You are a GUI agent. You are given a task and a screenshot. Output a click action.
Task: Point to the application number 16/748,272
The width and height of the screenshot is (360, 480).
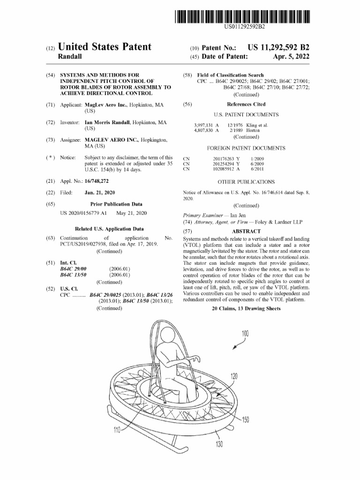97,180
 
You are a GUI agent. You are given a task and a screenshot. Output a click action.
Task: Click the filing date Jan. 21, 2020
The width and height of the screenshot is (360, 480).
99,193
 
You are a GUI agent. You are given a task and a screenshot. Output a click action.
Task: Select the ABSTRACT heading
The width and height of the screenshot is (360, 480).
246,231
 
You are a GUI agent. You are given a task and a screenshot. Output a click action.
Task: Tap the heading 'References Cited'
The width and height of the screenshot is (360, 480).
246,104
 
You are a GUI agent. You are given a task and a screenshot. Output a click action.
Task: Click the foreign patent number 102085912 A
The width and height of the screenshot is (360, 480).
226,170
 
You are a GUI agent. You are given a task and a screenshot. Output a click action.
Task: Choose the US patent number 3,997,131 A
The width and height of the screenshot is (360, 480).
207,125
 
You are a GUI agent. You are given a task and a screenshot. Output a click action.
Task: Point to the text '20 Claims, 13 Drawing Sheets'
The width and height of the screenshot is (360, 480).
246,308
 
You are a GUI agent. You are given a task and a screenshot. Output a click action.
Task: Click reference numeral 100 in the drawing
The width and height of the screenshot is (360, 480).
245,334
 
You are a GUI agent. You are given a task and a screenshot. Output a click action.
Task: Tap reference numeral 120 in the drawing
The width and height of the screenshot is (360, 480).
234,376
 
